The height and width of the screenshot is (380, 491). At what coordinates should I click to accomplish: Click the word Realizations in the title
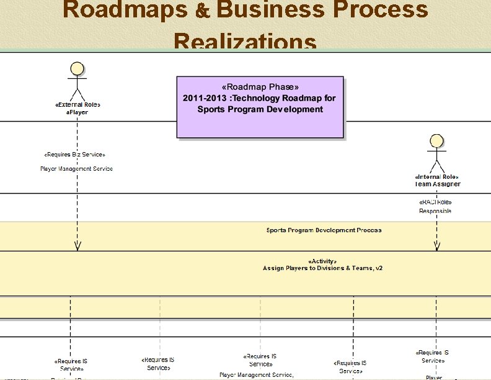245,42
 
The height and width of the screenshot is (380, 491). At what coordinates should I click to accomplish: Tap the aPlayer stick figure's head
77,68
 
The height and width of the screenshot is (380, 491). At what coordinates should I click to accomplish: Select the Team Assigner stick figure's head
437,141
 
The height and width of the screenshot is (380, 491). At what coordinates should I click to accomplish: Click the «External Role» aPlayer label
77,108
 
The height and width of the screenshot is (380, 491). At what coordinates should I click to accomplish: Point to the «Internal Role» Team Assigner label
437,180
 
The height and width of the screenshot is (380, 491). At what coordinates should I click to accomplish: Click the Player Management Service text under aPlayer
76,169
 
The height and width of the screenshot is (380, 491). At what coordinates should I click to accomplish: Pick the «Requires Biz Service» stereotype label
74,154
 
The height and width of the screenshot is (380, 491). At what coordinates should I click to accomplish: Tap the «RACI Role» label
435,202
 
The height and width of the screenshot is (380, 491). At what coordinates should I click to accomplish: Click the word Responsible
435,211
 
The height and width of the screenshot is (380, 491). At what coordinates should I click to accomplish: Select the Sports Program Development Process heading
324,230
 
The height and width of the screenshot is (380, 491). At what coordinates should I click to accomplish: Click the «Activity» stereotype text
322,261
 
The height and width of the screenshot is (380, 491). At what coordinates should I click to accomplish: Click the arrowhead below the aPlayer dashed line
77,247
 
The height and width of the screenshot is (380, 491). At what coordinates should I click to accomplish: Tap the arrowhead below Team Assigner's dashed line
437,247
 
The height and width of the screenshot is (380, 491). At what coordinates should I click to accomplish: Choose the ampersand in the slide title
206,11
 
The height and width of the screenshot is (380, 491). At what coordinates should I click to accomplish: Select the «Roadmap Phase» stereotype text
260,87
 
